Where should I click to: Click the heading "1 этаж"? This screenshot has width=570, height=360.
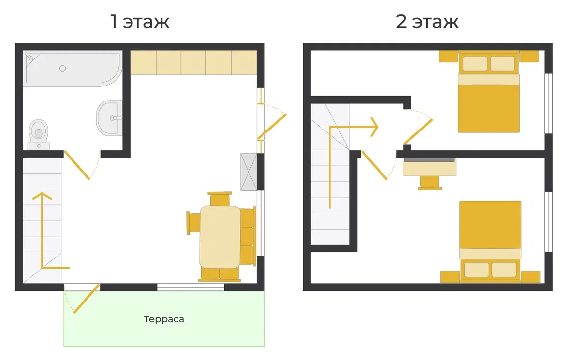(x=140, y=21)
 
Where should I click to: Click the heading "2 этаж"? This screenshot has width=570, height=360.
(x=427, y=21)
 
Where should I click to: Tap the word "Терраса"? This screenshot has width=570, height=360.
(x=164, y=319)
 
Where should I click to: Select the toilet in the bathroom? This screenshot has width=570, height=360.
(x=39, y=134)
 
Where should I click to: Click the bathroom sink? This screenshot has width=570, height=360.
(x=109, y=118)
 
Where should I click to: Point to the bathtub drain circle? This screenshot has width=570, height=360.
(x=62, y=68)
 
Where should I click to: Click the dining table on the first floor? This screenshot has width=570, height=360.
(x=220, y=237)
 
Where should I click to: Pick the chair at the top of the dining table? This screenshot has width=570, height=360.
(x=219, y=199)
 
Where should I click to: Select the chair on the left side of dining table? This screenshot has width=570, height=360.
(x=193, y=222)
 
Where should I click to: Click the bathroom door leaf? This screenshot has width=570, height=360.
(x=77, y=165)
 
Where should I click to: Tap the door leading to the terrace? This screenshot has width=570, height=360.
(x=87, y=299)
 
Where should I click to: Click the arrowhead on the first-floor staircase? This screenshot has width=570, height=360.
(x=42, y=196)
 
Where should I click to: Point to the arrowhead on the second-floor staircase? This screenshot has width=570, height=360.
(x=374, y=127)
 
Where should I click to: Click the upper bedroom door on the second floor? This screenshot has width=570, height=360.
(x=418, y=131)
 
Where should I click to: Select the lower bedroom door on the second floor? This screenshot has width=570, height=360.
(x=374, y=165)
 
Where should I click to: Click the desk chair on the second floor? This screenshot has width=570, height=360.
(x=430, y=183)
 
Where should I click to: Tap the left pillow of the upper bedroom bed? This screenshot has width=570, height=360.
(x=475, y=64)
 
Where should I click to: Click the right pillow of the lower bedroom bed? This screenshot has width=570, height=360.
(x=504, y=270)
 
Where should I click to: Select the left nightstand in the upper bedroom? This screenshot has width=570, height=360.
(x=449, y=57)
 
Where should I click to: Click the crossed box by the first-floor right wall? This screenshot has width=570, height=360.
(x=248, y=172)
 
